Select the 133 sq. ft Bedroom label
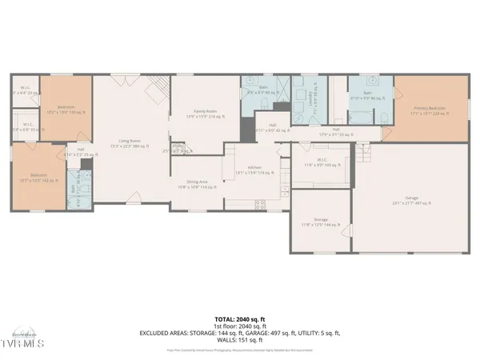[66, 110]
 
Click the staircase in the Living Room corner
[162, 86]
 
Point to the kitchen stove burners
[260, 204]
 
